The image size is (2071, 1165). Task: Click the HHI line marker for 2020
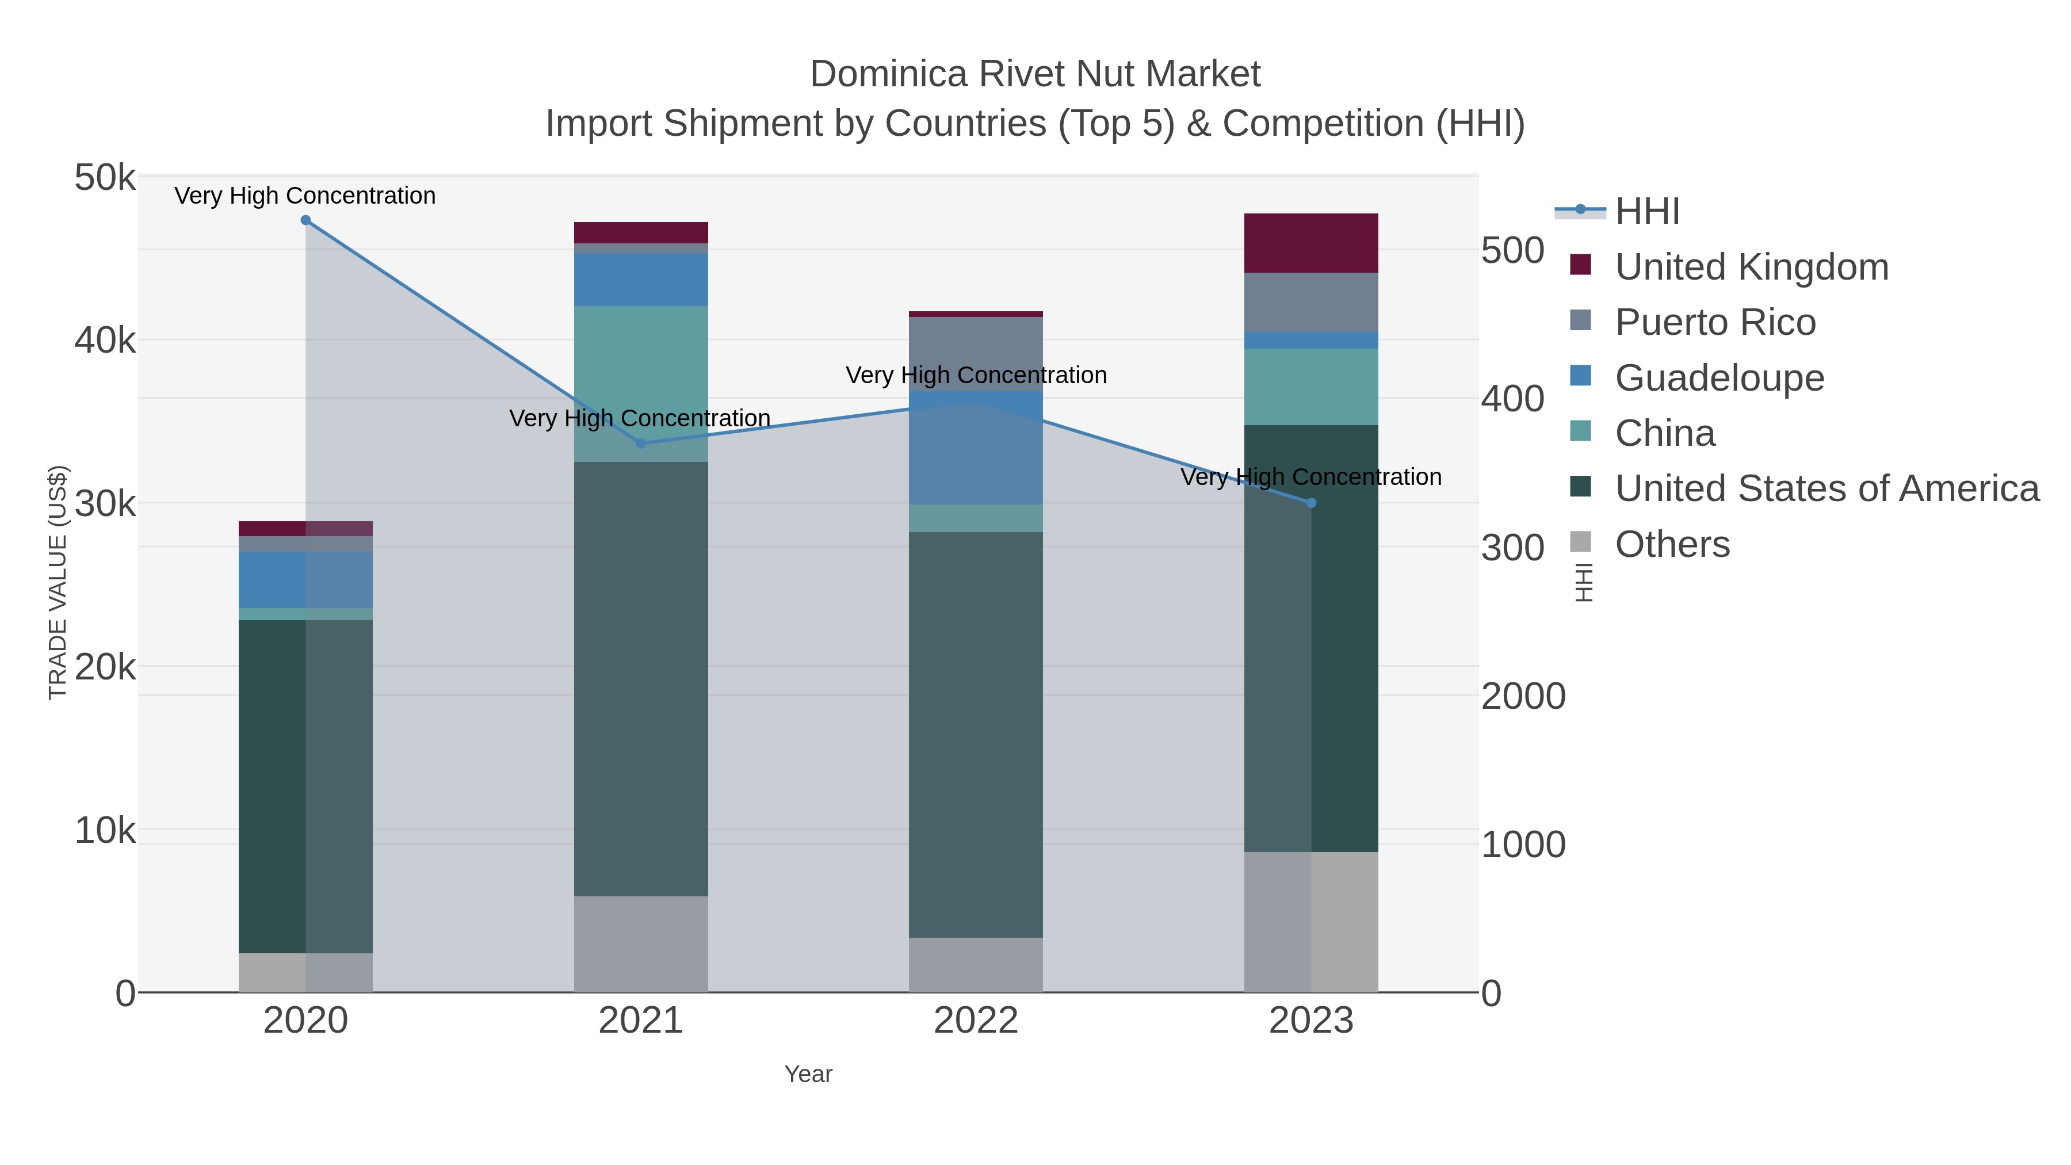click(305, 220)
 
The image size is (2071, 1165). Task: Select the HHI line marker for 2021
click(641, 444)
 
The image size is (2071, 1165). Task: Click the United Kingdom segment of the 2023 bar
click(1311, 243)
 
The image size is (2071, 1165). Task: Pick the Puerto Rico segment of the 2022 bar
click(976, 354)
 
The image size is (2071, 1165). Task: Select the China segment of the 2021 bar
click(641, 384)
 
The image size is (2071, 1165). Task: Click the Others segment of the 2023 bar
click(1311, 922)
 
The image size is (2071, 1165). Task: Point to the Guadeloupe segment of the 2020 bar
click(305, 580)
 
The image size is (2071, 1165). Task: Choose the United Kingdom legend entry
click(1751, 267)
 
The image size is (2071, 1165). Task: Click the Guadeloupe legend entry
click(1719, 378)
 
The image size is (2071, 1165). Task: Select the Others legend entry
click(1672, 544)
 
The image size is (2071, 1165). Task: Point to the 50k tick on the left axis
click(105, 178)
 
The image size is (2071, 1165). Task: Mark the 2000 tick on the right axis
click(1523, 696)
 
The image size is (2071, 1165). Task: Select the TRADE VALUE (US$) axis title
click(58, 582)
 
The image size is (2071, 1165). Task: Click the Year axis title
click(808, 1074)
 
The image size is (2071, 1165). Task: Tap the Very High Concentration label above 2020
click(305, 196)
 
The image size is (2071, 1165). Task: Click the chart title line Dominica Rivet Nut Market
click(1035, 74)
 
